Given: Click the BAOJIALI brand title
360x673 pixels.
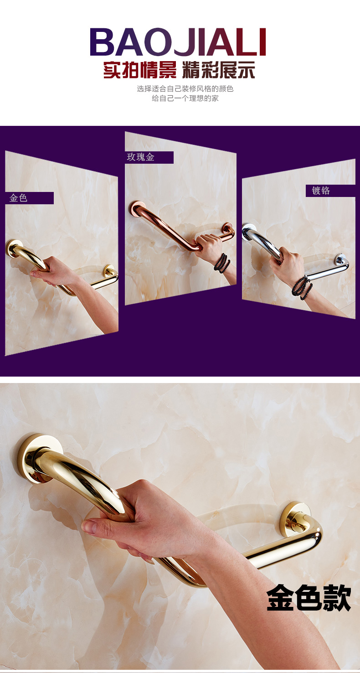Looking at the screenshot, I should pos(178,42).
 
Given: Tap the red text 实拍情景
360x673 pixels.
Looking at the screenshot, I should pos(139,70).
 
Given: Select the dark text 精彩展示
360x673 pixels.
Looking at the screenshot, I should pos(219,70).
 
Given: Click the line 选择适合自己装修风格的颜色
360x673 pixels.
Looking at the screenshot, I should pos(185,89).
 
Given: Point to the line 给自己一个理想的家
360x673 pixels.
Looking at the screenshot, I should pos(185,98).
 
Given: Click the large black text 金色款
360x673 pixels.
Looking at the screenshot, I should pos(309,598).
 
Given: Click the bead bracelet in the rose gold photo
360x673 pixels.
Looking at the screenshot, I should pos(222,263).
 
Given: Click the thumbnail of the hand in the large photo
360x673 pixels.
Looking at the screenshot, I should pos(91,526).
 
